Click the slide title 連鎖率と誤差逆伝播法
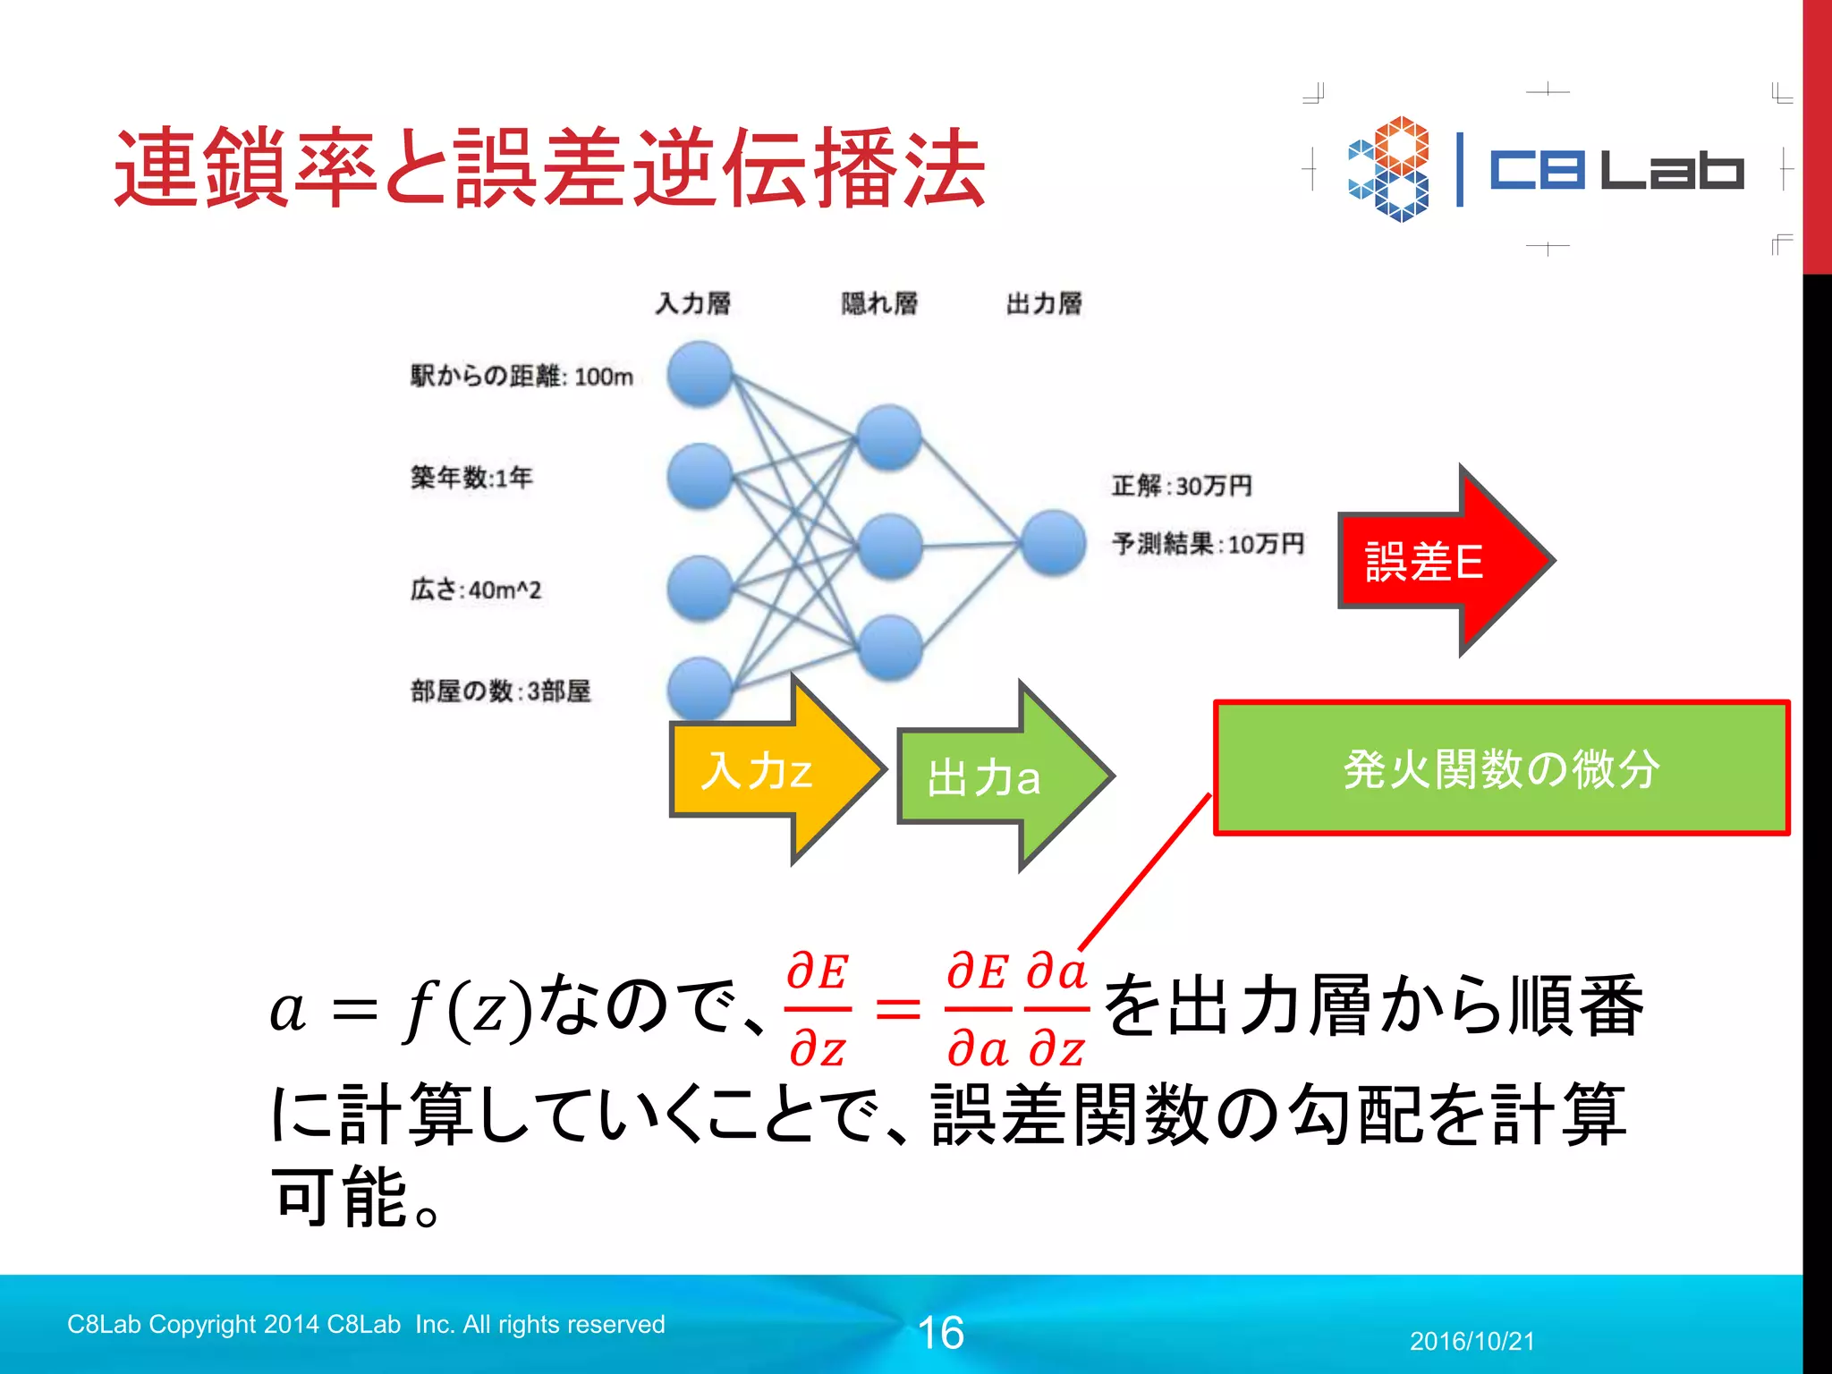[x=549, y=168]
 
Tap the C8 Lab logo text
[x=1616, y=170]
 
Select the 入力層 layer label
[x=692, y=303]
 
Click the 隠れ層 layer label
[x=879, y=303]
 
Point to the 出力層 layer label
[x=1044, y=303]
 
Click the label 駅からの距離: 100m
[x=522, y=376]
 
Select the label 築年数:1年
[x=471, y=477]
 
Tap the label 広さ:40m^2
[x=476, y=589]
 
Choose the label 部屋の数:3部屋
[x=501, y=691]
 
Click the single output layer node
[x=1054, y=542]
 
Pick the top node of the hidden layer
[x=888, y=437]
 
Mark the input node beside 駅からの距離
[x=700, y=374]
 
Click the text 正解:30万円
[x=1182, y=486]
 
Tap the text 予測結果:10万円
[x=1208, y=543]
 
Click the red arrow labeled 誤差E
[x=1440, y=561]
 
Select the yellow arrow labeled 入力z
[x=769, y=770]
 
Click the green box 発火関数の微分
[x=1501, y=768]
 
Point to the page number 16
[x=941, y=1333]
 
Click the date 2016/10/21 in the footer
[x=1472, y=1341]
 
